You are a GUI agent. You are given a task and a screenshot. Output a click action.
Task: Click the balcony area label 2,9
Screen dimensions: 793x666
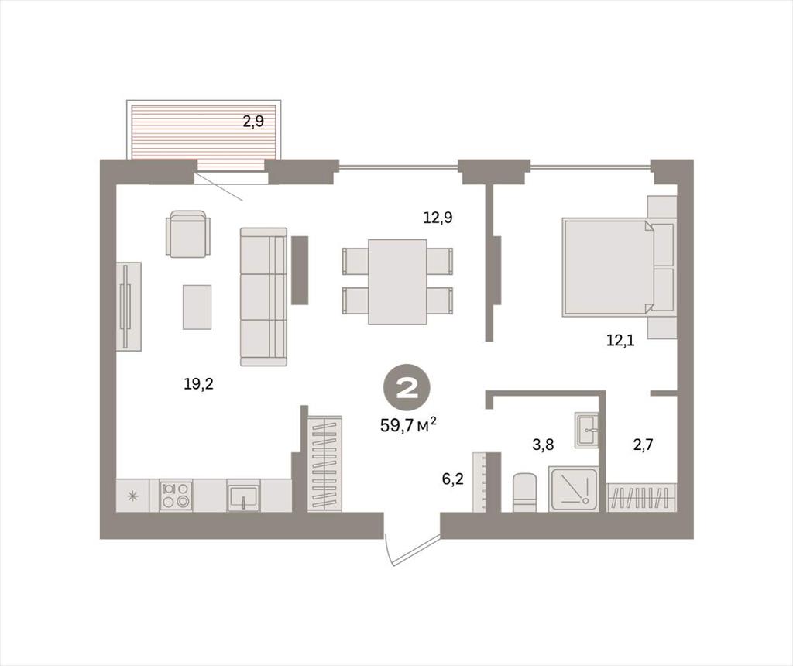click(253, 122)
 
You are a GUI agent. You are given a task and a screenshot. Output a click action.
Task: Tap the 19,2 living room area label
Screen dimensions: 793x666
click(199, 384)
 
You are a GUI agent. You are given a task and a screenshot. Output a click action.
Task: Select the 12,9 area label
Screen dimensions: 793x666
click(438, 218)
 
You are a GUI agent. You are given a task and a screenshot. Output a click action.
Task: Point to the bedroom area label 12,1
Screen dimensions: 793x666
click(620, 340)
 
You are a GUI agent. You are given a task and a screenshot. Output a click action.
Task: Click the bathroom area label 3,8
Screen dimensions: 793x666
click(543, 445)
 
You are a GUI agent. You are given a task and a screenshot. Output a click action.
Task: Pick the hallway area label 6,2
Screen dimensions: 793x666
click(452, 479)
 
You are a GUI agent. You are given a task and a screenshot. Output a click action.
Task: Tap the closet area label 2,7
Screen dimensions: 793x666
click(644, 445)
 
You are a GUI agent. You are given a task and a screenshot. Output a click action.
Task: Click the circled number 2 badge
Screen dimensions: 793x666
click(407, 390)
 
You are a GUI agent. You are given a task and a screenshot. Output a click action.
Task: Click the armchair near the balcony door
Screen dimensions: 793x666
click(188, 234)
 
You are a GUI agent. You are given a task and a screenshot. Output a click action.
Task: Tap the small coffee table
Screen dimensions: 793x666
click(197, 307)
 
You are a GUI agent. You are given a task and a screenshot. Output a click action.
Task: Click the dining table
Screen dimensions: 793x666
click(397, 282)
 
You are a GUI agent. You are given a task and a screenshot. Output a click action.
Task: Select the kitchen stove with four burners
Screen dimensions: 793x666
click(176, 496)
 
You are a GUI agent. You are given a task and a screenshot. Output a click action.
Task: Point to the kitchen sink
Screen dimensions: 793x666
click(243, 496)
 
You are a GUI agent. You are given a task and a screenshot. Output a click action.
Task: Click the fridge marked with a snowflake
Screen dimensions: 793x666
click(133, 496)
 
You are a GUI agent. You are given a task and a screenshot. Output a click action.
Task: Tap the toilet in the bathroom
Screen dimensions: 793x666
click(524, 493)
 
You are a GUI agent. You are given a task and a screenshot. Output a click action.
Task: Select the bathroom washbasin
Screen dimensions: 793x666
click(586, 430)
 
